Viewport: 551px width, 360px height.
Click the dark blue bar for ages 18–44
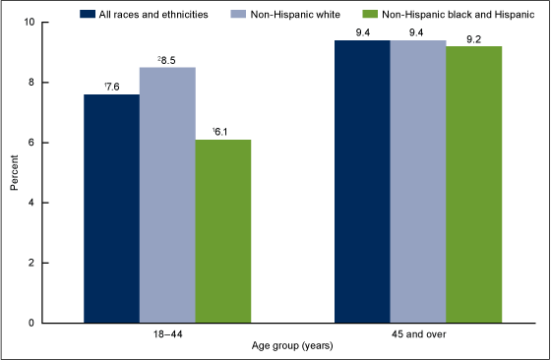pos(111,209)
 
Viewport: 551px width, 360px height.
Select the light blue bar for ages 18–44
pos(167,195)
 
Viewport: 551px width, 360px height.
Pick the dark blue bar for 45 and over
pos(363,181)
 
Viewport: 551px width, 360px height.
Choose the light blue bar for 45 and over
pos(418,181)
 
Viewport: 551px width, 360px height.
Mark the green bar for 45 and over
pos(474,184)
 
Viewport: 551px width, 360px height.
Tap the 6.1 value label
pos(223,130)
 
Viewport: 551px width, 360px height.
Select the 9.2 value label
pos(474,37)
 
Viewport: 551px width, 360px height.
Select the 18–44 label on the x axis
pos(167,334)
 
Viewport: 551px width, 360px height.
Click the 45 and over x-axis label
pos(418,334)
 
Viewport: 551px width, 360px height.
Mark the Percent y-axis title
pos(14,172)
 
